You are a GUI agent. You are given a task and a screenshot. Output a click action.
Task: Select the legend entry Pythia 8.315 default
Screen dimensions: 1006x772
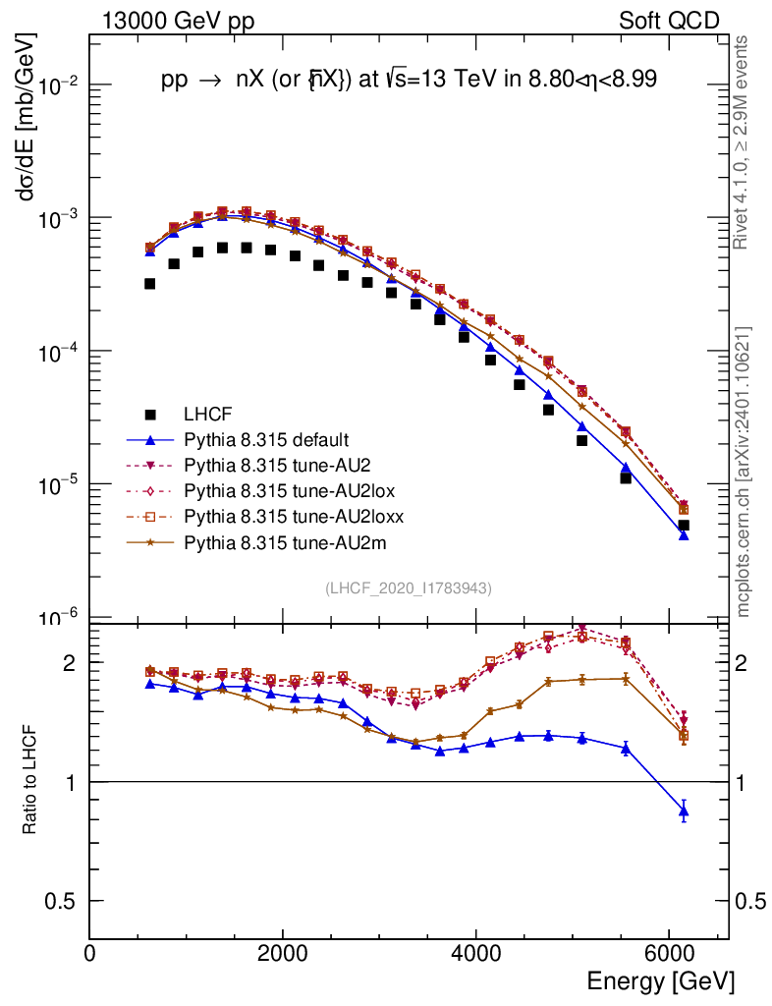point(265,440)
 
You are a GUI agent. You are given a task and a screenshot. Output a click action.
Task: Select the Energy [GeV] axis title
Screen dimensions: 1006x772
point(660,981)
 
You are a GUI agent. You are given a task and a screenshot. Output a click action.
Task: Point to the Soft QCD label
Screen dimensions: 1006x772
point(669,21)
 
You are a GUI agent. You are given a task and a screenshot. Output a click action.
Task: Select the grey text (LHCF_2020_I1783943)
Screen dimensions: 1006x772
point(409,587)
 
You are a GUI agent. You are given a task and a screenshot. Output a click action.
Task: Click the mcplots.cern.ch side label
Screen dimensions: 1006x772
point(744,472)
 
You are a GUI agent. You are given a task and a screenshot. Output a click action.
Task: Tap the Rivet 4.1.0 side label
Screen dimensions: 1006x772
point(744,142)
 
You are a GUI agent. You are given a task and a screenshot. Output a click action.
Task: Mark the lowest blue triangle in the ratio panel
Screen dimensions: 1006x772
point(684,810)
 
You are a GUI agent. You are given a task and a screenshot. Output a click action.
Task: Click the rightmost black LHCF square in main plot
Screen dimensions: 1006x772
point(684,526)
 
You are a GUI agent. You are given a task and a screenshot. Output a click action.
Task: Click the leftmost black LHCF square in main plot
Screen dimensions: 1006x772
point(149,284)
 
